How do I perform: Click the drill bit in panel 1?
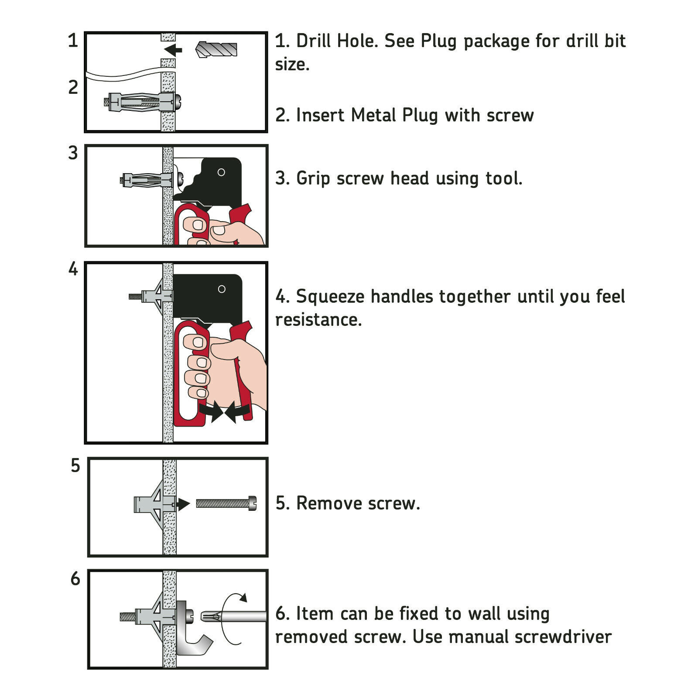coord(217,49)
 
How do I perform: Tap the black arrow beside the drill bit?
coord(173,50)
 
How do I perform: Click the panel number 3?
coord(73,153)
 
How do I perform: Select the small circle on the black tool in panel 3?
coord(221,172)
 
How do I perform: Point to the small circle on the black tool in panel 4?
coord(222,289)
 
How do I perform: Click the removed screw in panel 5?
coord(226,503)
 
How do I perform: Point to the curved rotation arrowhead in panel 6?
coord(243,597)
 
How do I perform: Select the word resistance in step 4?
coord(318,320)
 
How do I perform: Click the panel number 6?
coord(75,579)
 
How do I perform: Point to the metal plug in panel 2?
coord(142,102)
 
